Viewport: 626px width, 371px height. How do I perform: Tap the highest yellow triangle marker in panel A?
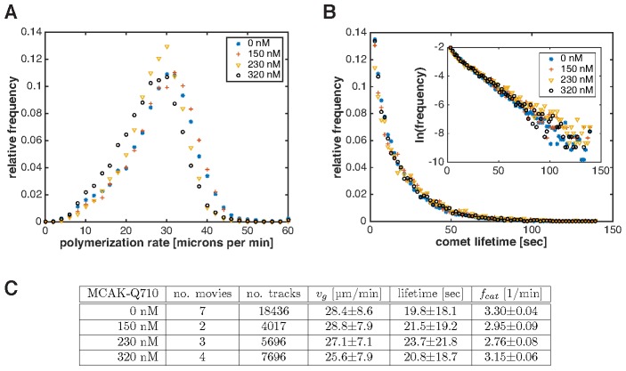pyautogui.click(x=167, y=46)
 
